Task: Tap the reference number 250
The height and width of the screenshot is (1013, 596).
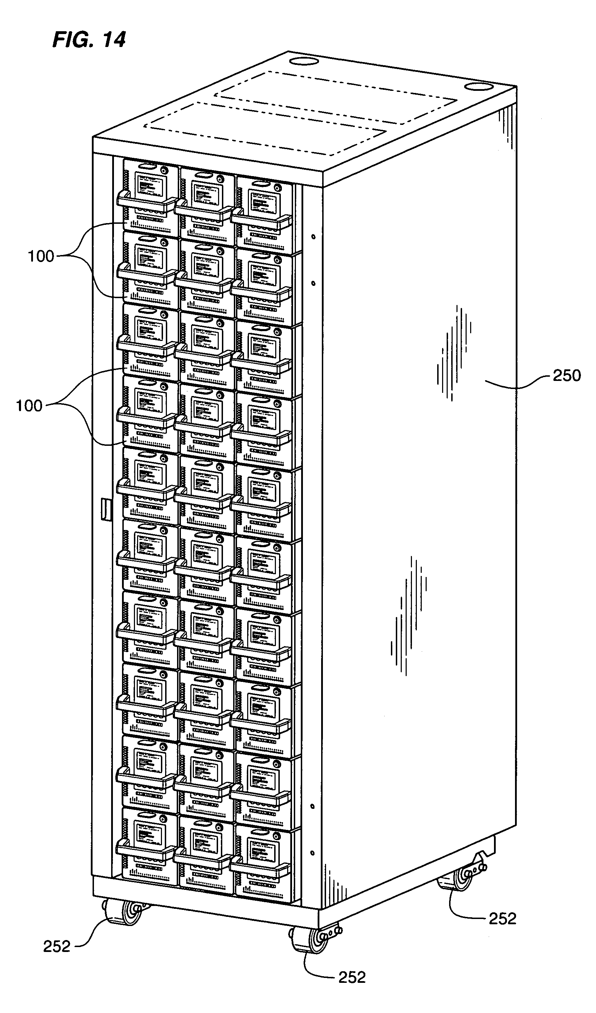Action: pyautogui.click(x=567, y=375)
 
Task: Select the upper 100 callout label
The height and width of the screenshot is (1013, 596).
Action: pyautogui.click(x=41, y=256)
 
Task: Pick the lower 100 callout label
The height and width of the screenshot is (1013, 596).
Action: pyautogui.click(x=29, y=405)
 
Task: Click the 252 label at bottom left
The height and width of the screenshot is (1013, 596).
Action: pyautogui.click(x=57, y=946)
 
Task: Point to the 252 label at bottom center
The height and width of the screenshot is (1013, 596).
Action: pyautogui.click(x=352, y=977)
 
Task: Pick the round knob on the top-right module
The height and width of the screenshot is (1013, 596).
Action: pyautogui.click(x=277, y=188)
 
